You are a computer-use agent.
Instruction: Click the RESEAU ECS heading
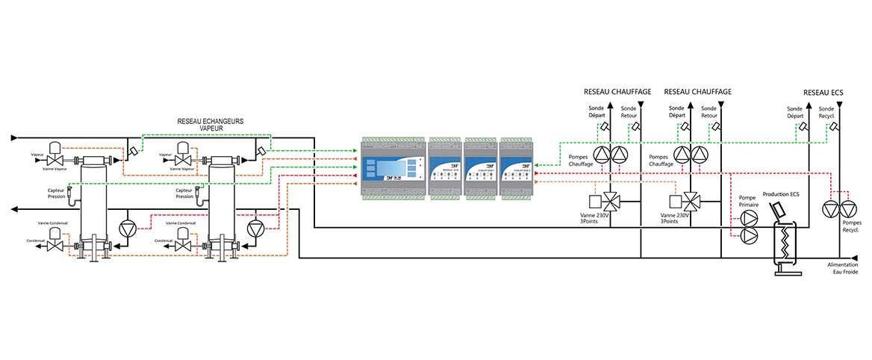823,92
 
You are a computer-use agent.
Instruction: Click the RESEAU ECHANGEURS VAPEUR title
211,125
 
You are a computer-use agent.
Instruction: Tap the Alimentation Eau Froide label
843,268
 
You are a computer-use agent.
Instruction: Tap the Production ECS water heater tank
784,239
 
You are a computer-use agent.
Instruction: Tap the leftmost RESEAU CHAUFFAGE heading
617,92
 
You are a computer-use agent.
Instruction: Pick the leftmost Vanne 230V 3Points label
595,219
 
